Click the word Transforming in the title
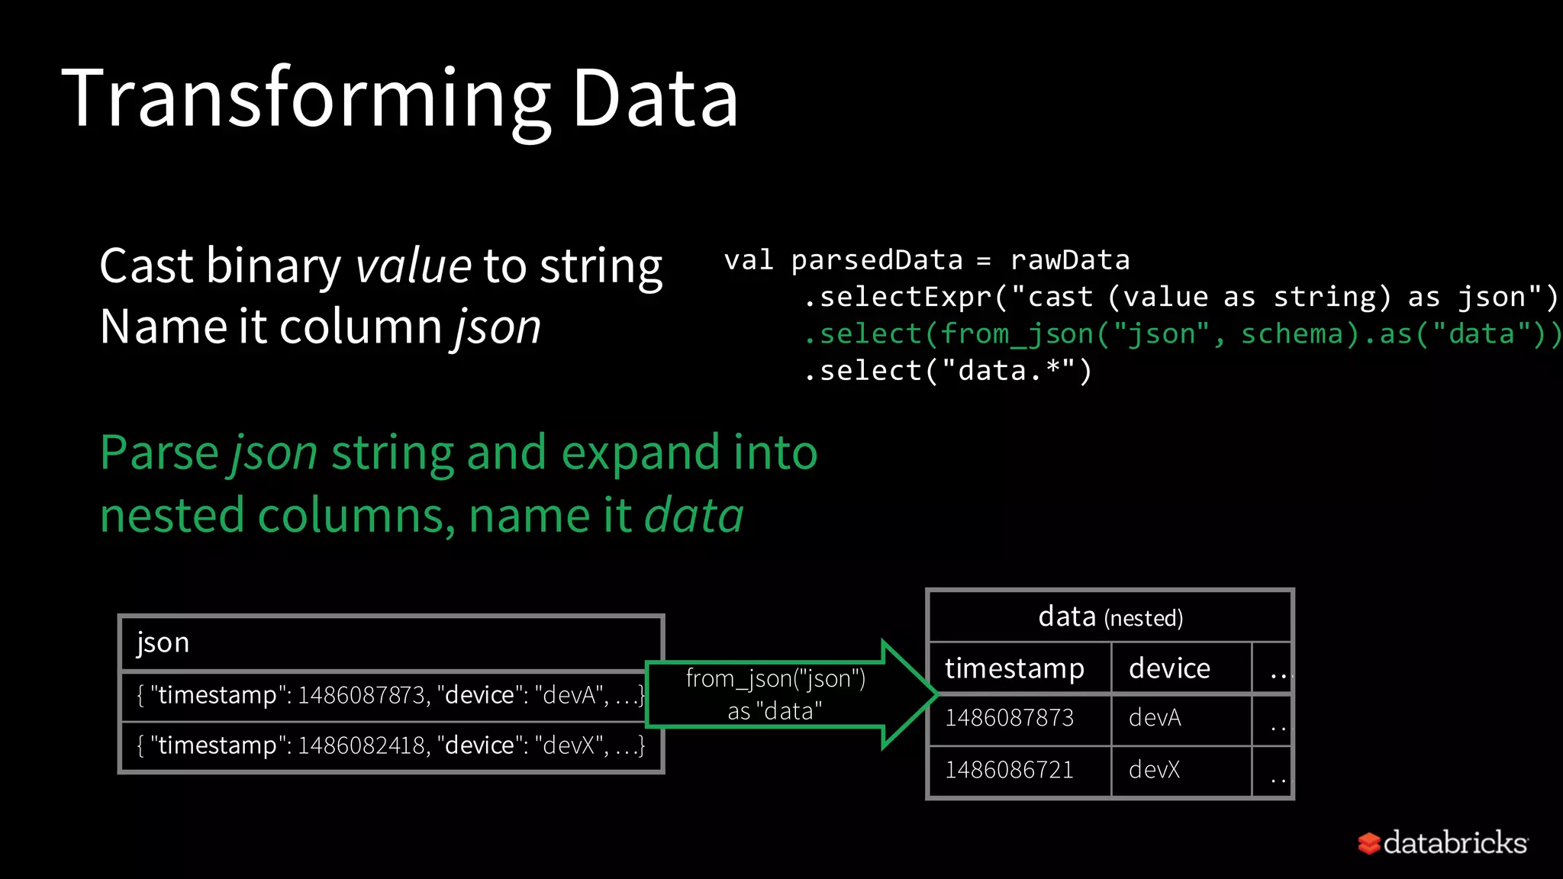coord(305,99)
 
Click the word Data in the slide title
coord(655,99)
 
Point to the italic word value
coord(413,266)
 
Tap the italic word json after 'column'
coord(498,327)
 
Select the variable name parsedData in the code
coord(877,260)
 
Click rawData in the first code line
coord(1069,260)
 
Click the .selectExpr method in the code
coord(898,297)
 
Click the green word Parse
coord(160,452)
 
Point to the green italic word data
coord(693,515)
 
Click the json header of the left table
coord(163,642)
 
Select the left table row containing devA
coord(390,695)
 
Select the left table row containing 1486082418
coord(390,745)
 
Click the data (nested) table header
coord(1110,617)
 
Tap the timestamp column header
coord(1014,668)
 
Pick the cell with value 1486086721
coord(1009,770)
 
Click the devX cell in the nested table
coord(1154,770)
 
